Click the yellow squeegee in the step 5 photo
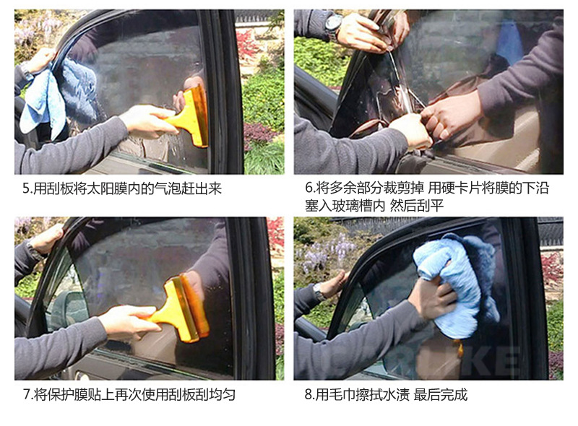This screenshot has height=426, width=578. pos(190,116)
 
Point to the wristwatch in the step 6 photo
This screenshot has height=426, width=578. pos(334,24)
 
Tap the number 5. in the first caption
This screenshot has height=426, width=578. pos(27,188)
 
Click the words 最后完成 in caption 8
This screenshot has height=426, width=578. pos(441,395)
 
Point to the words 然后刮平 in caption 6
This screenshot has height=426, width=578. pos(417,206)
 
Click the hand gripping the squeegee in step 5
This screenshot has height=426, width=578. pos(147,120)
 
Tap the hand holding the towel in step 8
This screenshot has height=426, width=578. pos(435,295)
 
